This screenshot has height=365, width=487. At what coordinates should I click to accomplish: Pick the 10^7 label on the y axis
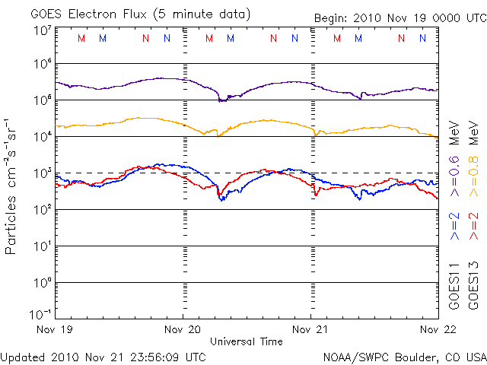tap(41, 30)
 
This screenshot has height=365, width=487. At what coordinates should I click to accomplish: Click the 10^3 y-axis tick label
tap(41, 173)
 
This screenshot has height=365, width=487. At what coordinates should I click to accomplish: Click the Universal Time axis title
tap(247, 341)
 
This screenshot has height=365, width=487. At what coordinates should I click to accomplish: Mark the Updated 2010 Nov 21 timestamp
tap(103, 356)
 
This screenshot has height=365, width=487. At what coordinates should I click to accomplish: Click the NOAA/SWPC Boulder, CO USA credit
tap(404, 356)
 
